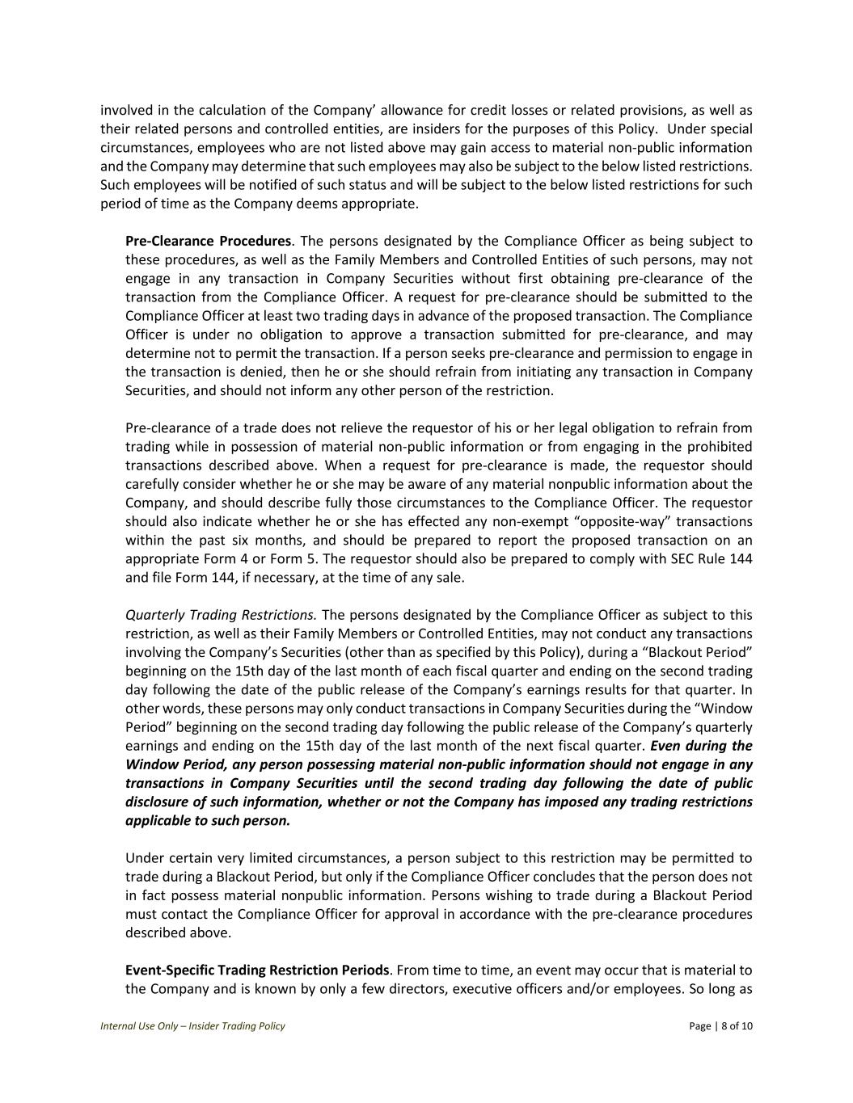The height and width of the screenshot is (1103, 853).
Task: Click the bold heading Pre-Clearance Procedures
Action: tap(208, 241)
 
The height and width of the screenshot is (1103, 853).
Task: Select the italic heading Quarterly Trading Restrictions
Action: tap(221, 615)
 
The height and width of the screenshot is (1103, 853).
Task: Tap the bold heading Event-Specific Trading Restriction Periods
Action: tap(257, 970)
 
